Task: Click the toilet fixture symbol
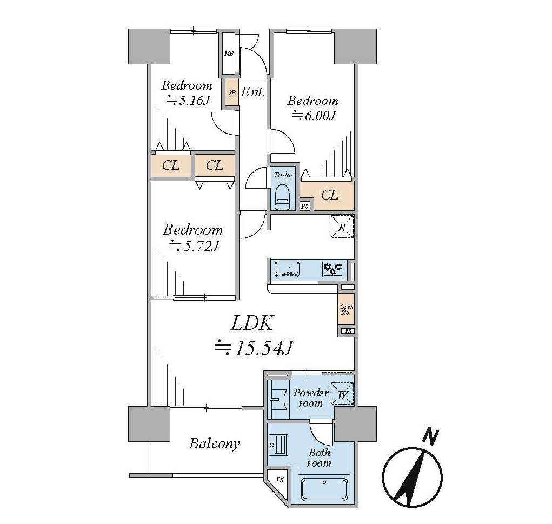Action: click(283, 197)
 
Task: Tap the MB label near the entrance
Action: click(229, 54)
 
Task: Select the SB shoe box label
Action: click(232, 93)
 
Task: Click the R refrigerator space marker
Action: click(342, 227)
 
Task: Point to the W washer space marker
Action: click(343, 394)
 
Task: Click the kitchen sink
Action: click(287, 269)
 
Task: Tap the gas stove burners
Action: click(333, 269)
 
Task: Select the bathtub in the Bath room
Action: click(324, 490)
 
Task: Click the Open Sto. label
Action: click(347, 309)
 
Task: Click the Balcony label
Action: click(215, 444)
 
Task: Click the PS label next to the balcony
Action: click(280, 480)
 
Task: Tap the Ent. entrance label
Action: click(253, 92)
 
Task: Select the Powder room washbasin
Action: click(278, 399)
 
